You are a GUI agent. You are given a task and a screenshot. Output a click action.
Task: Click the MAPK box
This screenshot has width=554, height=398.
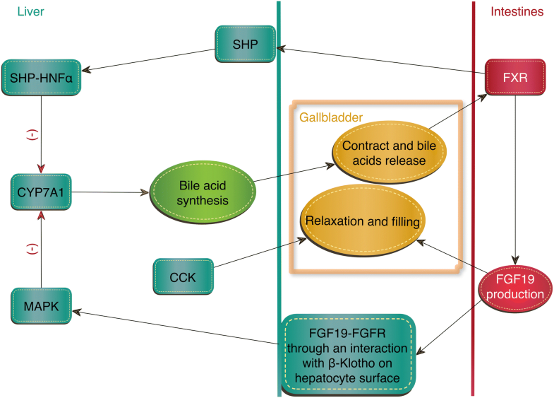(42, 307)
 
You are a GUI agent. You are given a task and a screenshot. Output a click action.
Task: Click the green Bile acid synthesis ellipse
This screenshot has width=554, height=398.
(201, 192)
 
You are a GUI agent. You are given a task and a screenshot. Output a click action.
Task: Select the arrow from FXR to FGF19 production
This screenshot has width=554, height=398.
(517, 177)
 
